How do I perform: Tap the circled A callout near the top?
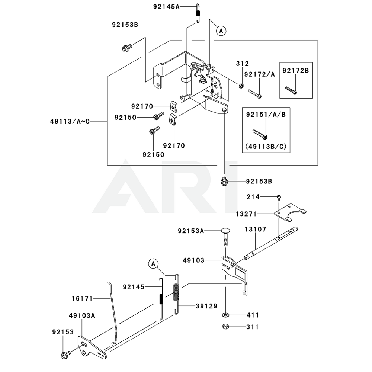(x=221, y=31)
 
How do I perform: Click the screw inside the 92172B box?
(x=291, y=89)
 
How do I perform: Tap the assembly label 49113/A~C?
(x=70, y=121)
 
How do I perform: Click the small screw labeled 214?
(x=279, y=197)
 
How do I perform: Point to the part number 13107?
(x=255, y=230)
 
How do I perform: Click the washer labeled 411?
(x=226, y=315)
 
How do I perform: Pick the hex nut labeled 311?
(x=225, y=327)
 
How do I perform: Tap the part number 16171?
(x=82, y=298)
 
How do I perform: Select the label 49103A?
(x=82, y=315)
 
